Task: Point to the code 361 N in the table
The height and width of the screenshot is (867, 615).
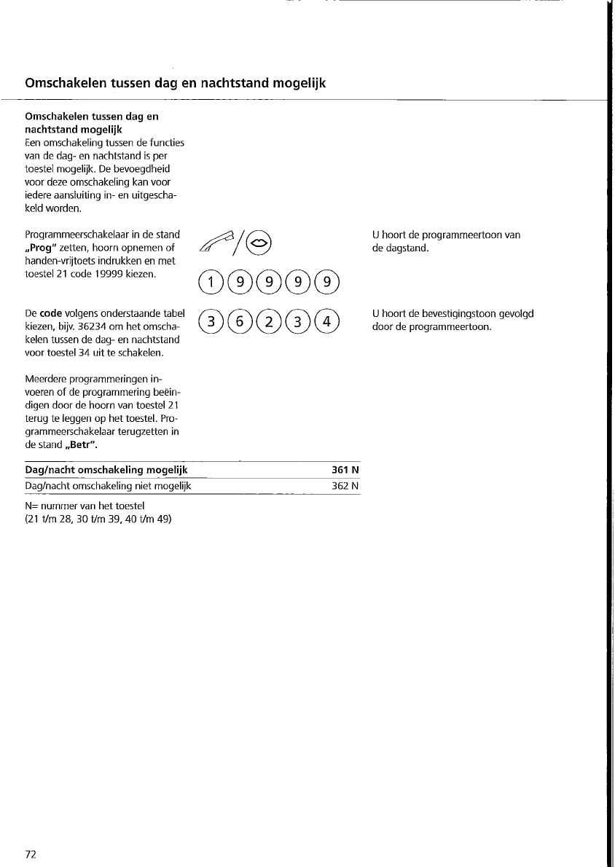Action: (345, 470)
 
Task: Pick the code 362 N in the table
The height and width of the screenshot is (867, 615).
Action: (345, 485)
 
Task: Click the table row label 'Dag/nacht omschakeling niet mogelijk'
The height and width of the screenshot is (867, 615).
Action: (108, 485)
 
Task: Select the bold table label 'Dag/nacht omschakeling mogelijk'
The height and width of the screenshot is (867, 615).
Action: (106, 470)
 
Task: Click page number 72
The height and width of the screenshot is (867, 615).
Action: (31, 854)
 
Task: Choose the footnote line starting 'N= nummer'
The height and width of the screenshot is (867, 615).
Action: (85, 506)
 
